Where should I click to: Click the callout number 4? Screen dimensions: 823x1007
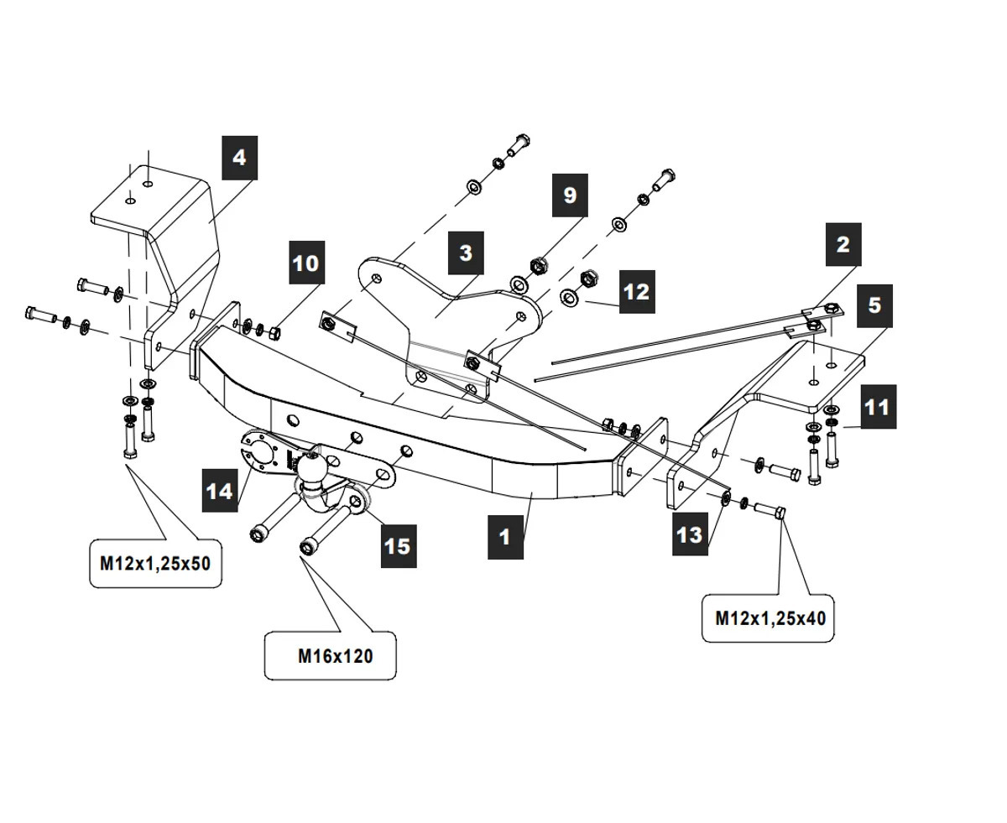click(239, 158)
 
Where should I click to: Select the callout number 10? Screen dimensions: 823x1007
click(306, 263)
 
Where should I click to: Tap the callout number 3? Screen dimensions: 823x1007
click(466, 253)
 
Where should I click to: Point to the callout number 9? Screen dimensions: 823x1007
click(570, 195)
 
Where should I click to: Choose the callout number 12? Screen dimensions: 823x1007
click(637, 291)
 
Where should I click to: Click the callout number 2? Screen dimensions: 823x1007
click(843, 244)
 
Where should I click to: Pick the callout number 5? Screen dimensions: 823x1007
click(874, 305)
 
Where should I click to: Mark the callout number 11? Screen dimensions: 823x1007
click(877, 407)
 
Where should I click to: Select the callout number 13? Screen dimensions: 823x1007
click(690, 533)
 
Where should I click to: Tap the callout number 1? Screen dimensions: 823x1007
click(505, 536)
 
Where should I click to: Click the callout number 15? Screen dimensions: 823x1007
click(398, 545)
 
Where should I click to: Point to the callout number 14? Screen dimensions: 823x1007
click(220, 490)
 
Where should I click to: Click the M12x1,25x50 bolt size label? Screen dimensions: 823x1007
click(155, 564)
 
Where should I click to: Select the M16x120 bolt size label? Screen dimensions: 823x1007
click(335, 655)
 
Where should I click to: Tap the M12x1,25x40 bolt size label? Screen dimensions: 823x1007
click(770, 618)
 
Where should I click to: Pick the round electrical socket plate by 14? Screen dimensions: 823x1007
click(259, 453)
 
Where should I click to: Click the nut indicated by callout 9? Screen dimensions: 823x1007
click(536, 267)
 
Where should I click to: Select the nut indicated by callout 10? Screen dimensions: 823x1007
click(274, 334)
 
